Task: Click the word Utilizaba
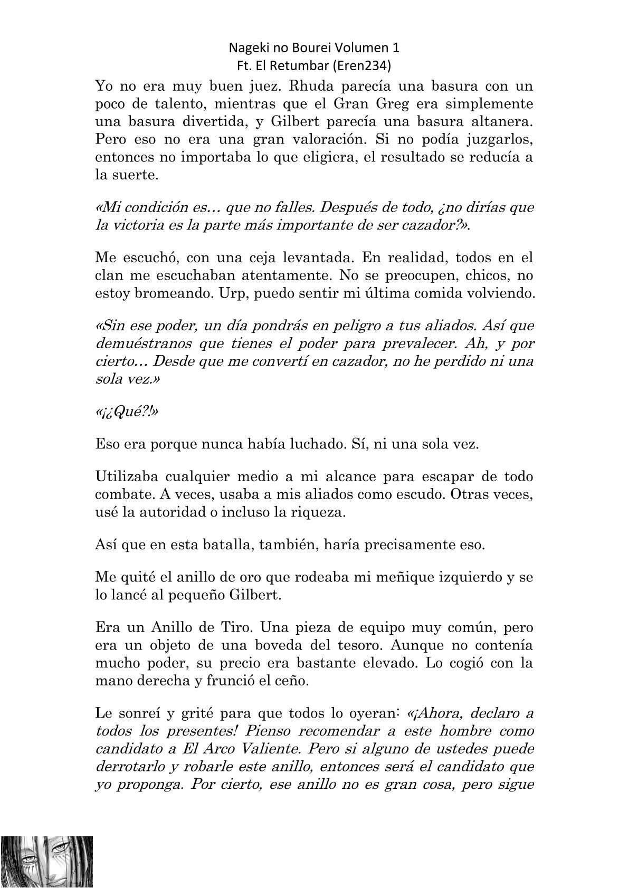click(x=126, y=476)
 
